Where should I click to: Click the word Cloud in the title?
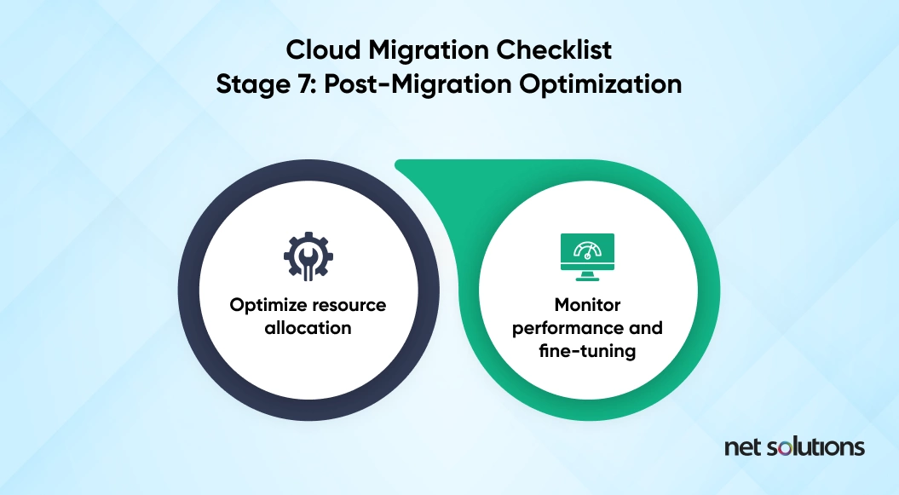coord(323,50)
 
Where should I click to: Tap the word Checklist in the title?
coord(555,50)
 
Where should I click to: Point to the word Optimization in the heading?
coord(601,85)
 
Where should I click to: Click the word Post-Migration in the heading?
coord(418,85)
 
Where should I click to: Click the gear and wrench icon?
coord(308,256)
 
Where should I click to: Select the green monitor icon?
coord(587,256)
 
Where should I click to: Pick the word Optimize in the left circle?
coord(268,305)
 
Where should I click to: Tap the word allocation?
coord(308,328)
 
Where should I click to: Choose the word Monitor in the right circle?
coord(587,304)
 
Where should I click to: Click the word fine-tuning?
coord(587,351)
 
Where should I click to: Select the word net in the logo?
coord(741,447)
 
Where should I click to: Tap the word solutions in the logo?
coord(815,446)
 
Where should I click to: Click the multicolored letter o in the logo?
coord(786,448)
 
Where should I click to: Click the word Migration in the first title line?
coord(429,50)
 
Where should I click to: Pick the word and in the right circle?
coord(646,328)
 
